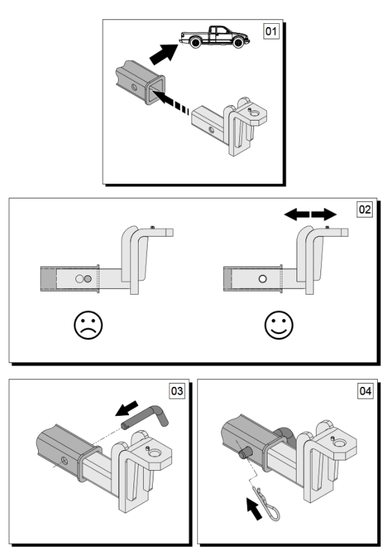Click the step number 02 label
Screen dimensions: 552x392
click(366, 210)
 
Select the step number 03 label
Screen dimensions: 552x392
click(176, 391)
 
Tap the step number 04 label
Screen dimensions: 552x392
click(366, 391)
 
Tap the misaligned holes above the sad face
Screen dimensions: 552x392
click(84, 279)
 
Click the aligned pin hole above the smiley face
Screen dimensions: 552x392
click(262, 279)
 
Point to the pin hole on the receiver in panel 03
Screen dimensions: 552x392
click(64, 460)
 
